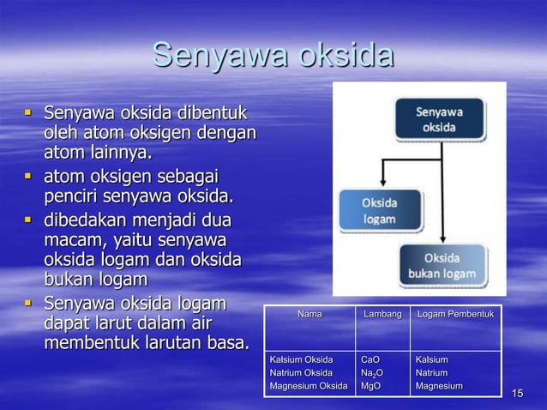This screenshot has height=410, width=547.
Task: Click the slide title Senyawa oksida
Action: coord(273,56)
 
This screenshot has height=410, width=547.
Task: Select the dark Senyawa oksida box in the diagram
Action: coord(440,119)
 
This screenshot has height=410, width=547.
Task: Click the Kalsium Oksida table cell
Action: coord(301,359)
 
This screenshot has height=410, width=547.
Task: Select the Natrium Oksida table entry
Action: coord(301,373)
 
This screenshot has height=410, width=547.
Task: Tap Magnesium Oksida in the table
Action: coord(309,387)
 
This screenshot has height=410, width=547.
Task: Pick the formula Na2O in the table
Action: coord(371,373)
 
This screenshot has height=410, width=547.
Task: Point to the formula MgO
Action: coord(370,387)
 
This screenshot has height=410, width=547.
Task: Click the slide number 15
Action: coord(517,394)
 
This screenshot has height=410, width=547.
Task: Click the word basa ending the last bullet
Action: coord(227,344)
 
